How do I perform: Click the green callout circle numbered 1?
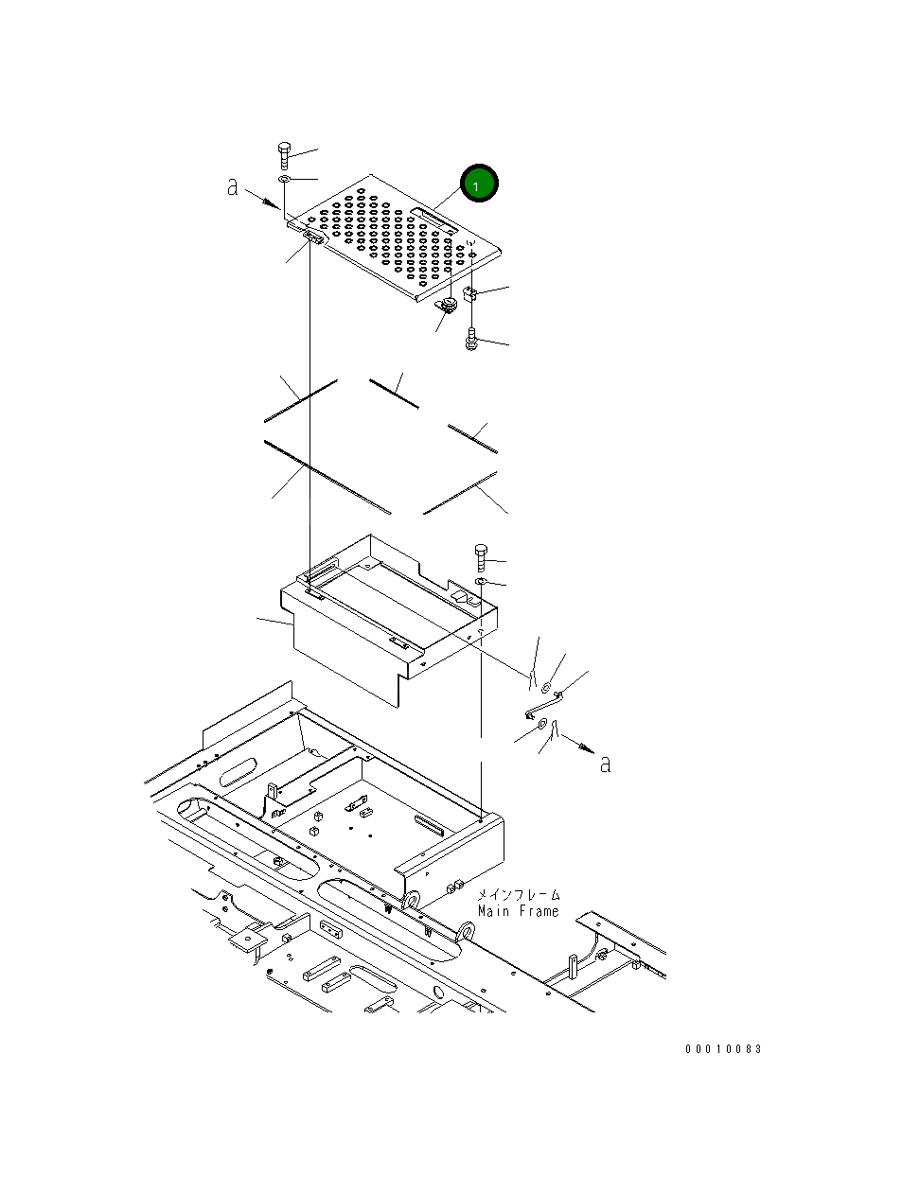point(478,185)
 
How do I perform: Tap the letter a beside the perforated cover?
point(233,187)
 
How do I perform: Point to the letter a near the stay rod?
point(606,763)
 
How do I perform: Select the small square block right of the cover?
point(470,293)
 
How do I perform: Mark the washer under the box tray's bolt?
point(481,580)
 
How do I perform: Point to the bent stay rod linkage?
point(543,705)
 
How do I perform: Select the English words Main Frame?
point(518,911)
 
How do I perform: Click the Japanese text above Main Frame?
point(518,894)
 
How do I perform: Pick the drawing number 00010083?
point(724,1049)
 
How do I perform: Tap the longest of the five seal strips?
point(327,477)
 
